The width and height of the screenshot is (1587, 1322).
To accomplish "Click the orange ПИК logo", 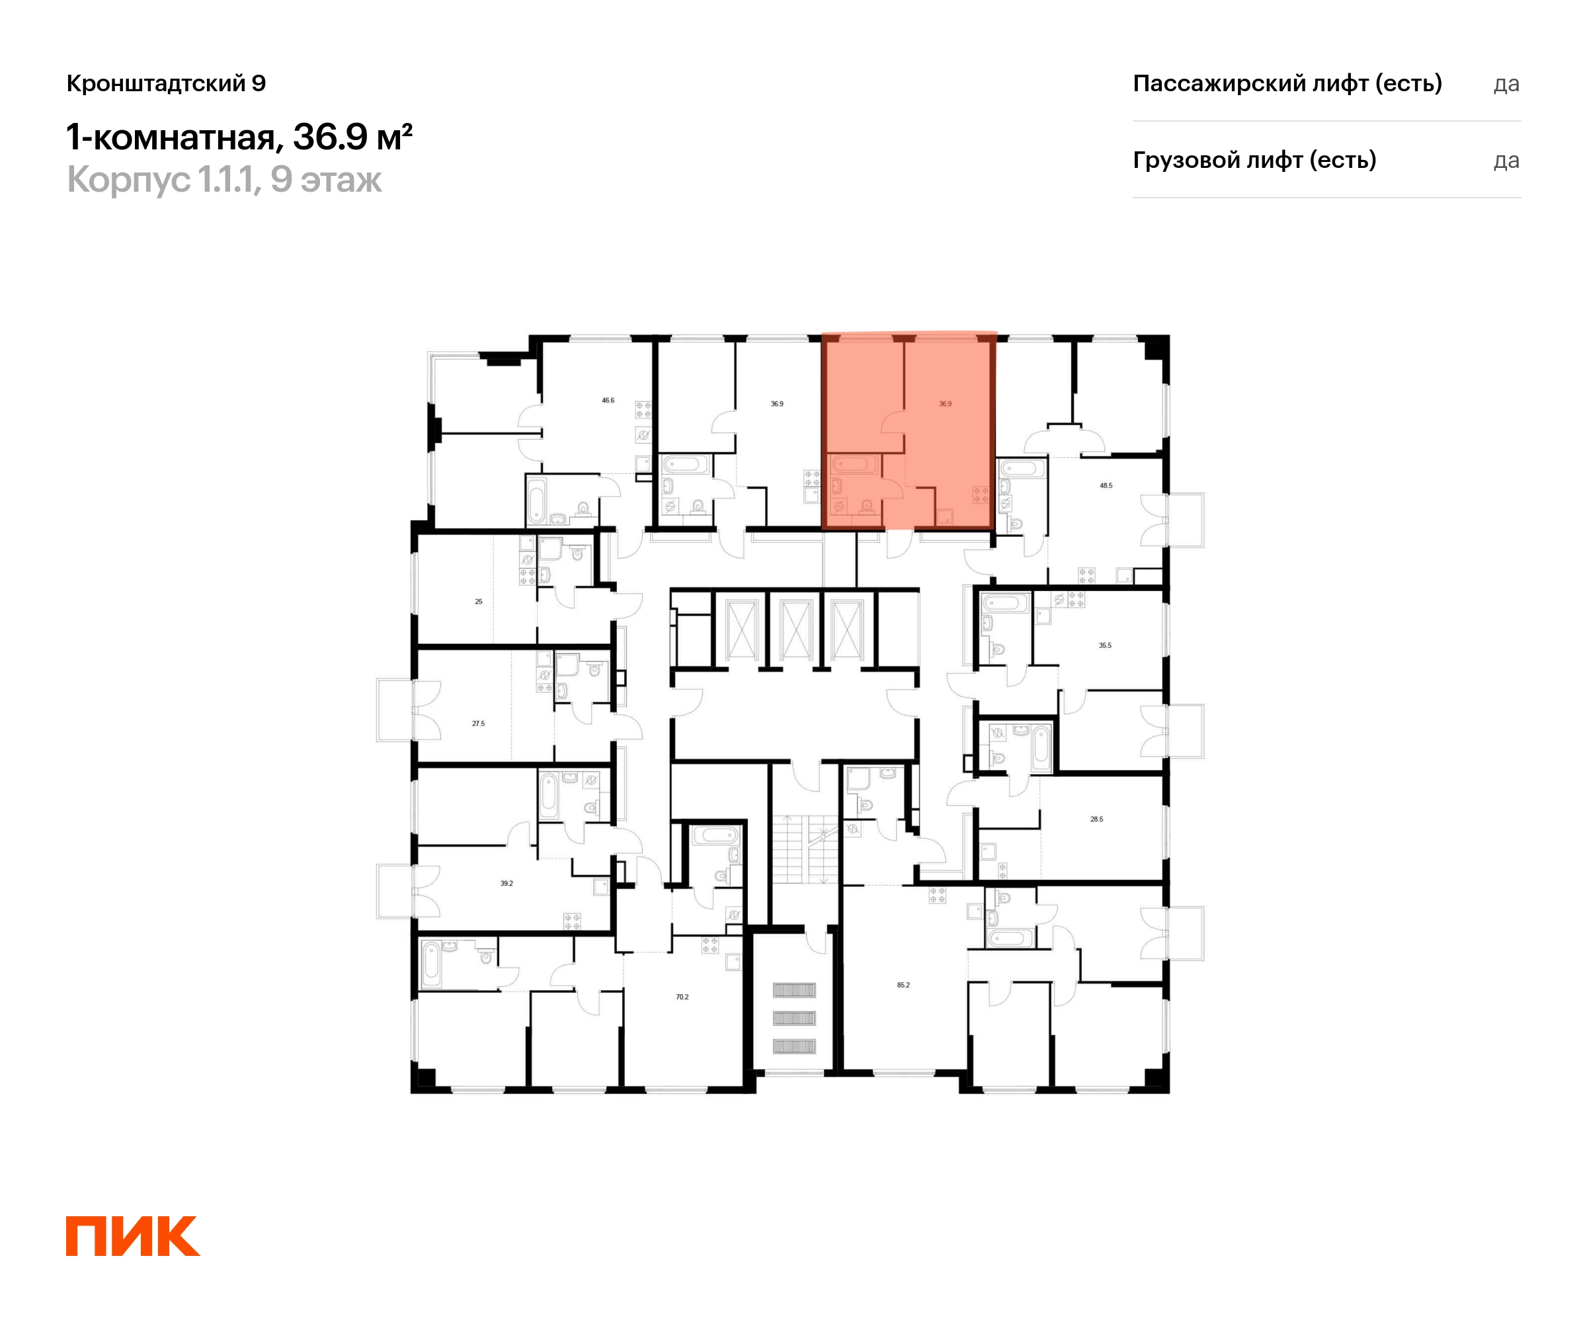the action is click(133, 1236).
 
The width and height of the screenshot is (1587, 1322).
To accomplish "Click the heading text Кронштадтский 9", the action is click(166, 83).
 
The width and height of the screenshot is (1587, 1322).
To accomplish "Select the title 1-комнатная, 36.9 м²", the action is click(239, 137).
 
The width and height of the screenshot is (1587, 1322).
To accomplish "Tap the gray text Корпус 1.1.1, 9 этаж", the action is click(224, 180).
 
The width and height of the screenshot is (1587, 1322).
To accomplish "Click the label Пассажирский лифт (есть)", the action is click(1287, 83).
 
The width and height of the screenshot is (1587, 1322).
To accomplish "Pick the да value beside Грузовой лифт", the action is click(1506, 161).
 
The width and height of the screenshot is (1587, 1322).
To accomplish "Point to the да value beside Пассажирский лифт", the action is click(1506, 84).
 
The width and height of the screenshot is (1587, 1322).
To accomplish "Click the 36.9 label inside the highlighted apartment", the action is click(946, 404).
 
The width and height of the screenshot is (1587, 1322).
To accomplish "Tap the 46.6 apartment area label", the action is click(608, 401).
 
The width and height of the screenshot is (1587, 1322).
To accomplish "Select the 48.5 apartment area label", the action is click(1106, 486).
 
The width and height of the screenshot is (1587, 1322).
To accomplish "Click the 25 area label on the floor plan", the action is click(478, 602).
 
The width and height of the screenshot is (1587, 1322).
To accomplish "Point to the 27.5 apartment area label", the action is click(478, 724).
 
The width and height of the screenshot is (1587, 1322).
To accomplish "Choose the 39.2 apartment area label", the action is click(507, 883).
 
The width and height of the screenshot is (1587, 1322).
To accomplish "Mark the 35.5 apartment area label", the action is click(1105, 646).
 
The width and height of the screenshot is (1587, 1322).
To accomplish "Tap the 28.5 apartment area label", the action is click(1096, 819).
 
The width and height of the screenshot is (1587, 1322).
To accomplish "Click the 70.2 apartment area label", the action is click(682, 997).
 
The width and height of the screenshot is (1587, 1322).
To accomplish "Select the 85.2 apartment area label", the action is click(904, 985).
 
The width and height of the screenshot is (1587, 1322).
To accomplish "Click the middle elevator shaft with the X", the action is click(795, 629).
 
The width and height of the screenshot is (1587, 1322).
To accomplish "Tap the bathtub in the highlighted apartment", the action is click(854, 463).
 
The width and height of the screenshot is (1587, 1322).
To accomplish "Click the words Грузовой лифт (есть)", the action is click(1254, 160).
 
